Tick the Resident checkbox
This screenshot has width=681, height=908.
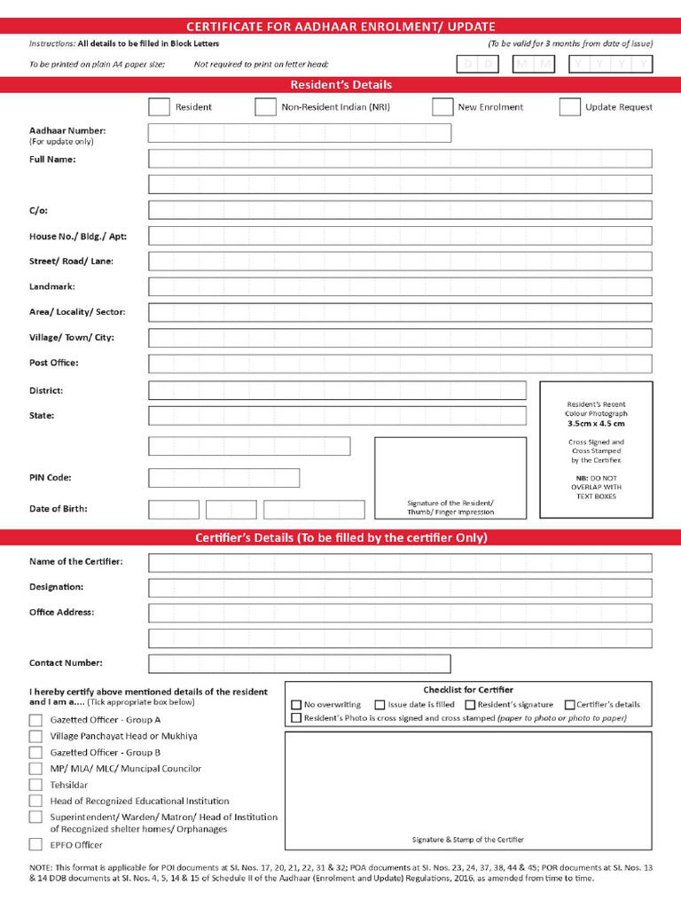159,107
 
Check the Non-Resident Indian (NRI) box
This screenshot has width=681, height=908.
265,107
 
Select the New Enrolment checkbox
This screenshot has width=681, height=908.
442,107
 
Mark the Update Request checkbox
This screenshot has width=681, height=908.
569,107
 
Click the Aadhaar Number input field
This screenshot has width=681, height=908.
299,133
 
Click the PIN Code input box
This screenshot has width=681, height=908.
223,478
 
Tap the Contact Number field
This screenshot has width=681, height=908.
299,663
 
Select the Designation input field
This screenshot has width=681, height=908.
399,588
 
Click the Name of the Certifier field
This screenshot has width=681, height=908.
399,563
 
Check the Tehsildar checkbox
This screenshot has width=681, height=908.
35,785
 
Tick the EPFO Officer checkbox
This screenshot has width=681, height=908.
35,845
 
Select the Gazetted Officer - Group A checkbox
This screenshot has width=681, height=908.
35,720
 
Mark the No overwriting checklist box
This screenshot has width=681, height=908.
297,705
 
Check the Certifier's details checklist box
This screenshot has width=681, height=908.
569,705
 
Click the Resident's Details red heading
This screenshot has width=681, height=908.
340,85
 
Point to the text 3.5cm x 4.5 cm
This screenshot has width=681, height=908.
596,424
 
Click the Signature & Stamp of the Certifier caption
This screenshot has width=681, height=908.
467,840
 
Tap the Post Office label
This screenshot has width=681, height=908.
53,363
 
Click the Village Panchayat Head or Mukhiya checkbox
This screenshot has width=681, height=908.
35,736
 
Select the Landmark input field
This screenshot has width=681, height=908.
399,287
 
